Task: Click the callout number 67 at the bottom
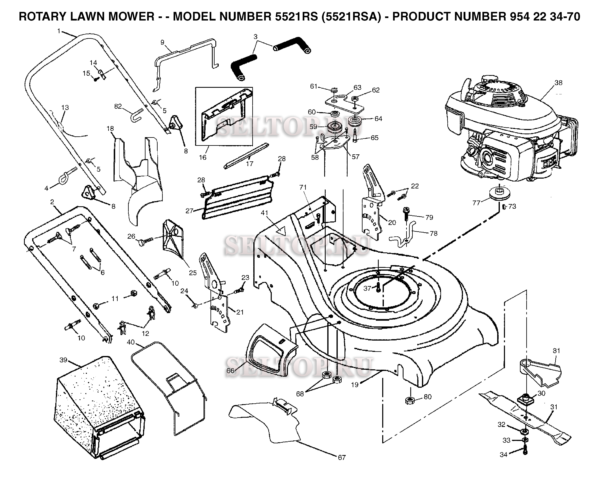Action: point(342,458)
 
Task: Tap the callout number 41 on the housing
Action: point(264,213)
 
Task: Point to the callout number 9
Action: point(163,42)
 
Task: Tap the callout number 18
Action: point(110,128)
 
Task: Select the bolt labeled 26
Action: point(146,241)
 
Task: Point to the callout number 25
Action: point(193,273)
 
